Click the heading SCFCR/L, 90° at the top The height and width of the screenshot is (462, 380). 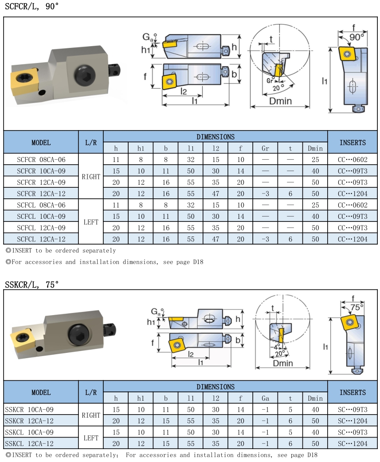click(x=31, y=6)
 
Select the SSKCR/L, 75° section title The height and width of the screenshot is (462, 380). click(x=31, y=284)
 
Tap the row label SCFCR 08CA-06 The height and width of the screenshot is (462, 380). click(x=41, y=159)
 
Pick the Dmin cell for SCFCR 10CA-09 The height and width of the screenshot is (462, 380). click(x=315, y=171)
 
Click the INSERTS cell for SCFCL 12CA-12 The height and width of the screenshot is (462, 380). click(x=353, y=239)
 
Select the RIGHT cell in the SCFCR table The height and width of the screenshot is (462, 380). click(x=91, y=177)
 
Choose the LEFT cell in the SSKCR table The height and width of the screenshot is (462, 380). click(x=91, y=438)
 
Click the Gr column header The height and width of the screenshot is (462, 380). click(x=265, y=148)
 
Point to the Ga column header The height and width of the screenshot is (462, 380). click(x=265, y=398)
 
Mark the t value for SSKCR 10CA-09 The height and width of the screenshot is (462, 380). click(x=290, y=409)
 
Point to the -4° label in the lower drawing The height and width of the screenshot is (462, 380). click(x=276, y=347)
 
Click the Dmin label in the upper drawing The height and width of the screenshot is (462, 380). click(x=281, y=101)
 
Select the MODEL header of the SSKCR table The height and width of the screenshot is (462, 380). click(x=41, y=392)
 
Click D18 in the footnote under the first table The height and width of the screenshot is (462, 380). click(x=198, y=262)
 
